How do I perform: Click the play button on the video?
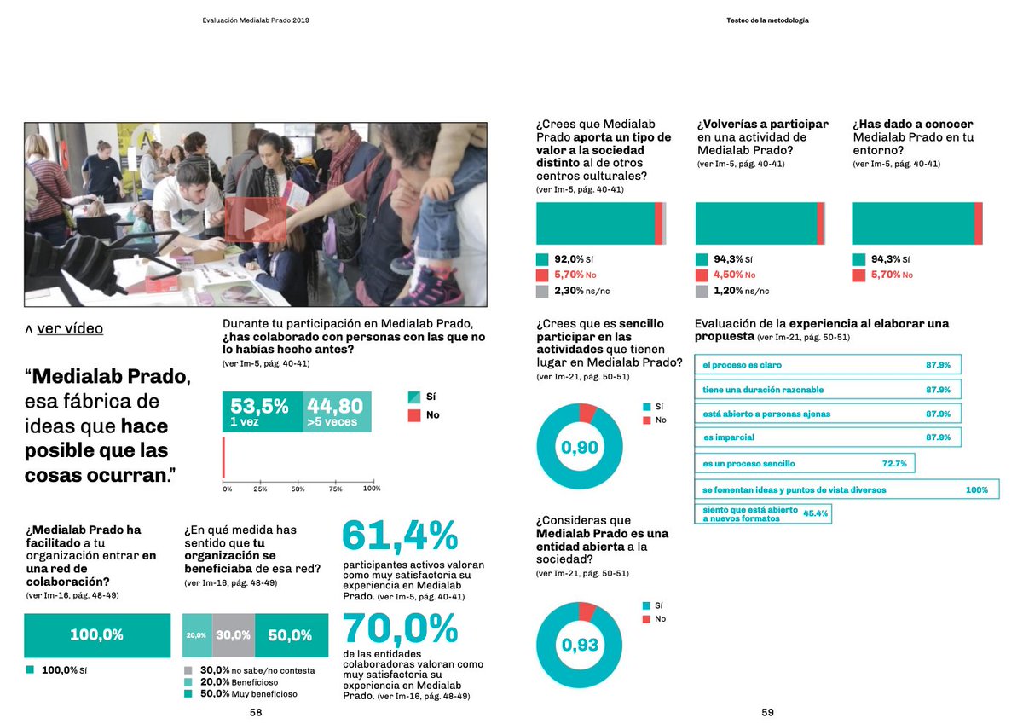[x=255, y=219]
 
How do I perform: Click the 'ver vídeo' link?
[x=70, y=329]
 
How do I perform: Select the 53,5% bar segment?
[x=262, y=412]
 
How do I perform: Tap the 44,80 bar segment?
[x=337, y=412]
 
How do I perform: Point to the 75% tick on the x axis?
[x=335, y=489]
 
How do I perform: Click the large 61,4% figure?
[x=400, y=536]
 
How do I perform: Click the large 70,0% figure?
[x=400, y=631]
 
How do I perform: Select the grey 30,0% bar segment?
[x=233, y=635]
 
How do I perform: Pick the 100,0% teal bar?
[x=96, y=635]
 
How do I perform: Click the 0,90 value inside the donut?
[x=579, y=447]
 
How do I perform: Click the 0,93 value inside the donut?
[x=579, y=646]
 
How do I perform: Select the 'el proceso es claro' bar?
[x=828, y=365]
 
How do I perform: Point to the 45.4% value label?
[x=816, y=513]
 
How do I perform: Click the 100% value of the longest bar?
[x=976, y=490]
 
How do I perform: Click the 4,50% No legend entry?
[x=734, y=275]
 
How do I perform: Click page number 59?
[x=767, y=713]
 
